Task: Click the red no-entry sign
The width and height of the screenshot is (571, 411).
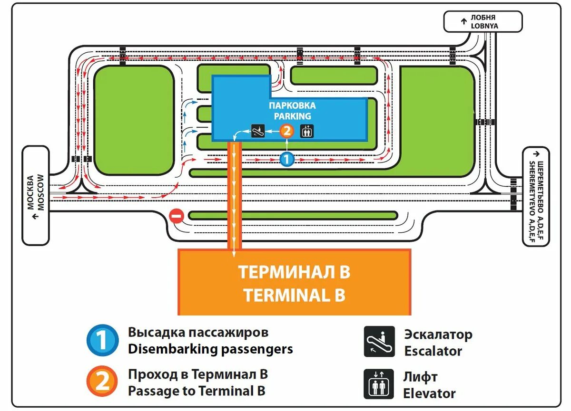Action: pyautogui.click(x=176, y=217)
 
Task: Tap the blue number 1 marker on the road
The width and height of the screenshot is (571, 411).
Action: pyautogui.click(x=286, y=160)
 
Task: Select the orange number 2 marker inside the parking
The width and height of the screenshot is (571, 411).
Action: pyautogui.click(x=286, y=131)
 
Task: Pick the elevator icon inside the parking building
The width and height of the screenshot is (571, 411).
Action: pyautogui.click(x=307, y=131)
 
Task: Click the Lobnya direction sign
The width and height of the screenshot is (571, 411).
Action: pyautogui.click(x=483, y=22)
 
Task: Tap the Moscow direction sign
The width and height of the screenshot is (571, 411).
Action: pyautogui.click(x=36, y=195)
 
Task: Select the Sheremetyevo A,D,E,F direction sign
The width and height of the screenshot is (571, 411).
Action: pyautogui.click(x=536, y=196)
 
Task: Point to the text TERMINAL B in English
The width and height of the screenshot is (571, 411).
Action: pyautogui.click(x=294, y=296)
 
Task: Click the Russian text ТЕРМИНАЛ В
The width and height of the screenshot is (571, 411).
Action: pyautogui.click(x=294, y=272)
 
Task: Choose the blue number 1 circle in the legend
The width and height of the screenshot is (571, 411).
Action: pyautogui.click(x=102, y=340)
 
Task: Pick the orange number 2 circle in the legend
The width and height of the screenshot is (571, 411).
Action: pyautogui.click(x=102, y=382)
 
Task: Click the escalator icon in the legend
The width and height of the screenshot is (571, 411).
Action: pyautogui.click(x=379, y=342)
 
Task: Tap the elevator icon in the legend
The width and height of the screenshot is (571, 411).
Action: pyautogui.click(x=379, y=384)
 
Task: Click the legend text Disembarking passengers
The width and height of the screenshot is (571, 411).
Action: pyautogui.click(x=210, y=349)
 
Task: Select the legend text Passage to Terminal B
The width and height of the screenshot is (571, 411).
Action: pyautogui.click(x=197, y=391)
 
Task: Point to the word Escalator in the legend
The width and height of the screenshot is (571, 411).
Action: pyautogui.click(x=433, y=352)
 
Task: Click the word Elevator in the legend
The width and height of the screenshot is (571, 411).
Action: pyautogui.click(x=429, y=393)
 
